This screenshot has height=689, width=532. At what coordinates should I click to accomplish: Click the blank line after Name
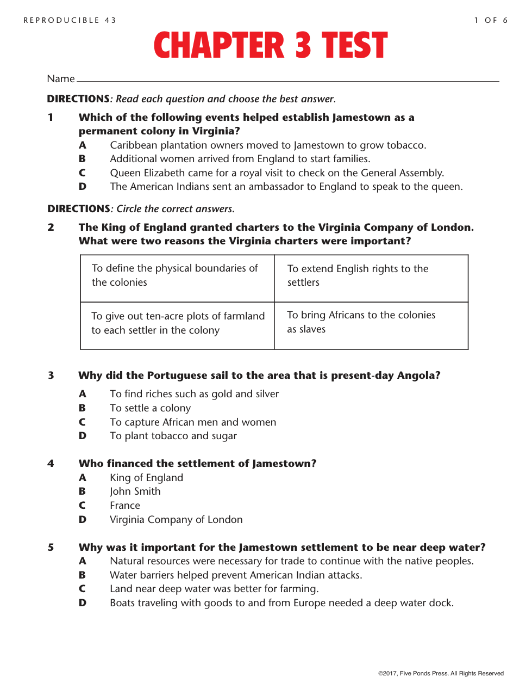pos(288,80)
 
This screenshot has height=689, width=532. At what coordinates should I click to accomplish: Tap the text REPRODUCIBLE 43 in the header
pos(70,21)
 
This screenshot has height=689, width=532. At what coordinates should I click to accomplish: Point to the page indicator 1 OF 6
pos(491,21)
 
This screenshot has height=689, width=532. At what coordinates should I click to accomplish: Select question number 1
pos(51,118)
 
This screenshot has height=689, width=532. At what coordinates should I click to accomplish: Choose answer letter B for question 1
pos(82,159)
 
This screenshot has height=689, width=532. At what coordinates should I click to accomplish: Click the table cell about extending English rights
pos(371,278)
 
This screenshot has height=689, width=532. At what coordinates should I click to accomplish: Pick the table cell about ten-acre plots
pos(177,325)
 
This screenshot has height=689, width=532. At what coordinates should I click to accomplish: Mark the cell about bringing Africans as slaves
pos(371,325)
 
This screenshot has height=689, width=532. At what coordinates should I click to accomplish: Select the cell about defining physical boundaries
pos(177,278)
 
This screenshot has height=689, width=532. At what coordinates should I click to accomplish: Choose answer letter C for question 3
pos(82,422)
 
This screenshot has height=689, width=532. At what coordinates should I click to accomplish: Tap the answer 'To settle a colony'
pos(150,408)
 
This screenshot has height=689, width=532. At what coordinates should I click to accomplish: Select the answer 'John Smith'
pos(135,491)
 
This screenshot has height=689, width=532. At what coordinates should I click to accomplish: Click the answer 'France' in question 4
pos(125,506)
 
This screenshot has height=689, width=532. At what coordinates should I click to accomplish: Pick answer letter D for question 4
pos(82,520)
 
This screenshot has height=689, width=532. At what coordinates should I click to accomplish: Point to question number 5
pos(51,547)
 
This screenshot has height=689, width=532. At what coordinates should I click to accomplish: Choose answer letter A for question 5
pos(82,561)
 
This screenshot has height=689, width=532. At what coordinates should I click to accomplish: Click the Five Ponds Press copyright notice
pos(441,674)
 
